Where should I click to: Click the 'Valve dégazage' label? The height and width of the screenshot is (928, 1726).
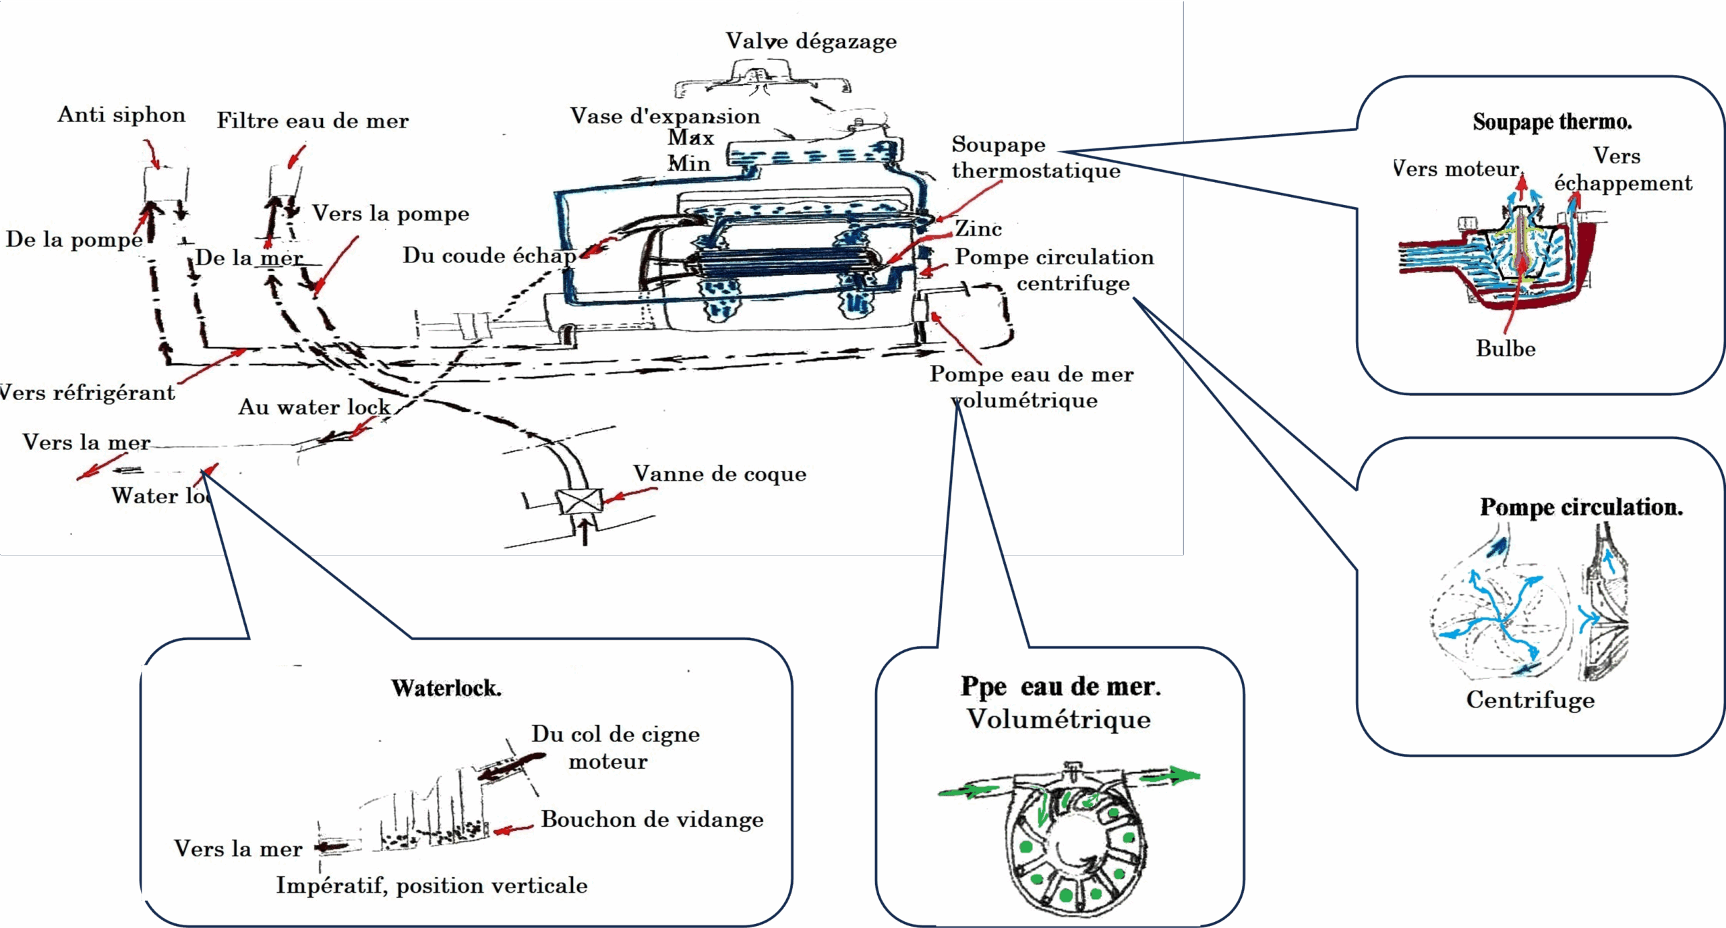(x=811, y=41)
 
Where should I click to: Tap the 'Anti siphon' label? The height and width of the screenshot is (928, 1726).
(x=121, y=115)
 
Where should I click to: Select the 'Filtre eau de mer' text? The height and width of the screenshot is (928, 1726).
(x=313, y=121)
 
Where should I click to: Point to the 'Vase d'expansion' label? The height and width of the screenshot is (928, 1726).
(x=665, y=116)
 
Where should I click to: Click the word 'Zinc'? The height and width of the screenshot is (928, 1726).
(x=978, y=229)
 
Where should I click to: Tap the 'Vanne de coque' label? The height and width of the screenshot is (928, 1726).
(x=719, y=473)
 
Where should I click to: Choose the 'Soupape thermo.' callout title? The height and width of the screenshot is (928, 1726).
(x=1552, y=122)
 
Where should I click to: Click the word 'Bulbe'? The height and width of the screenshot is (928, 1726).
(x=1506, y=349)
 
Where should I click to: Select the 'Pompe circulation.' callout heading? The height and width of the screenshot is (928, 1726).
(x=1581, y=507)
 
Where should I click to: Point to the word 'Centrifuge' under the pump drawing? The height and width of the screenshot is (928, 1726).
(x=1530, y=700)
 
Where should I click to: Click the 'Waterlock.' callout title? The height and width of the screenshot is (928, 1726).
(x=446, y=688)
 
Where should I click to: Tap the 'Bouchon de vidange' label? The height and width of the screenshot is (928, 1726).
(x=652, y=819)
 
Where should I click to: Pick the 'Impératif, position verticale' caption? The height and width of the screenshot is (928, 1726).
(x=431, y=886)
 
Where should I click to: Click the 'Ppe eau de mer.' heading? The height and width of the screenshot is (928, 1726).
(x=1061, y=687)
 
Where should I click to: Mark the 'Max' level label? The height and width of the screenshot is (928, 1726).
(x=690, y=138)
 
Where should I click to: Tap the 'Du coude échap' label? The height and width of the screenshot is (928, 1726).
(x=489, y=256)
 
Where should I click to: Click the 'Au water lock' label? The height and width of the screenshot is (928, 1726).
(x=314, y=407)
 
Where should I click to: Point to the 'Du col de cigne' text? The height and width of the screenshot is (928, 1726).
(x=616, y=734)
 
